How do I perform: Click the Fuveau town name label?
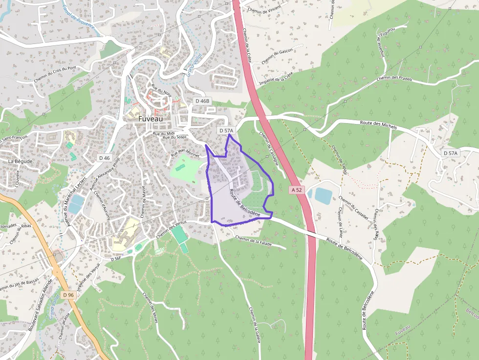coord(151,119)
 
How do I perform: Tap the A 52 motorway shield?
coord(296,190)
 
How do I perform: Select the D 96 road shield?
coord(68,295)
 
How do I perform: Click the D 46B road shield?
coord(202,101)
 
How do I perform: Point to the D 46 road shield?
coord(104,158)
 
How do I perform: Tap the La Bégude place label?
coord(20,161)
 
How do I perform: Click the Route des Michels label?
coord(378,125)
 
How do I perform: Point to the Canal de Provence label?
coord(78,19)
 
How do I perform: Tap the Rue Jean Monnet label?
coord(185,153)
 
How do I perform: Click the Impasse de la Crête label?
coord(276,78)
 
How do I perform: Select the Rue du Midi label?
coord(163,133)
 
